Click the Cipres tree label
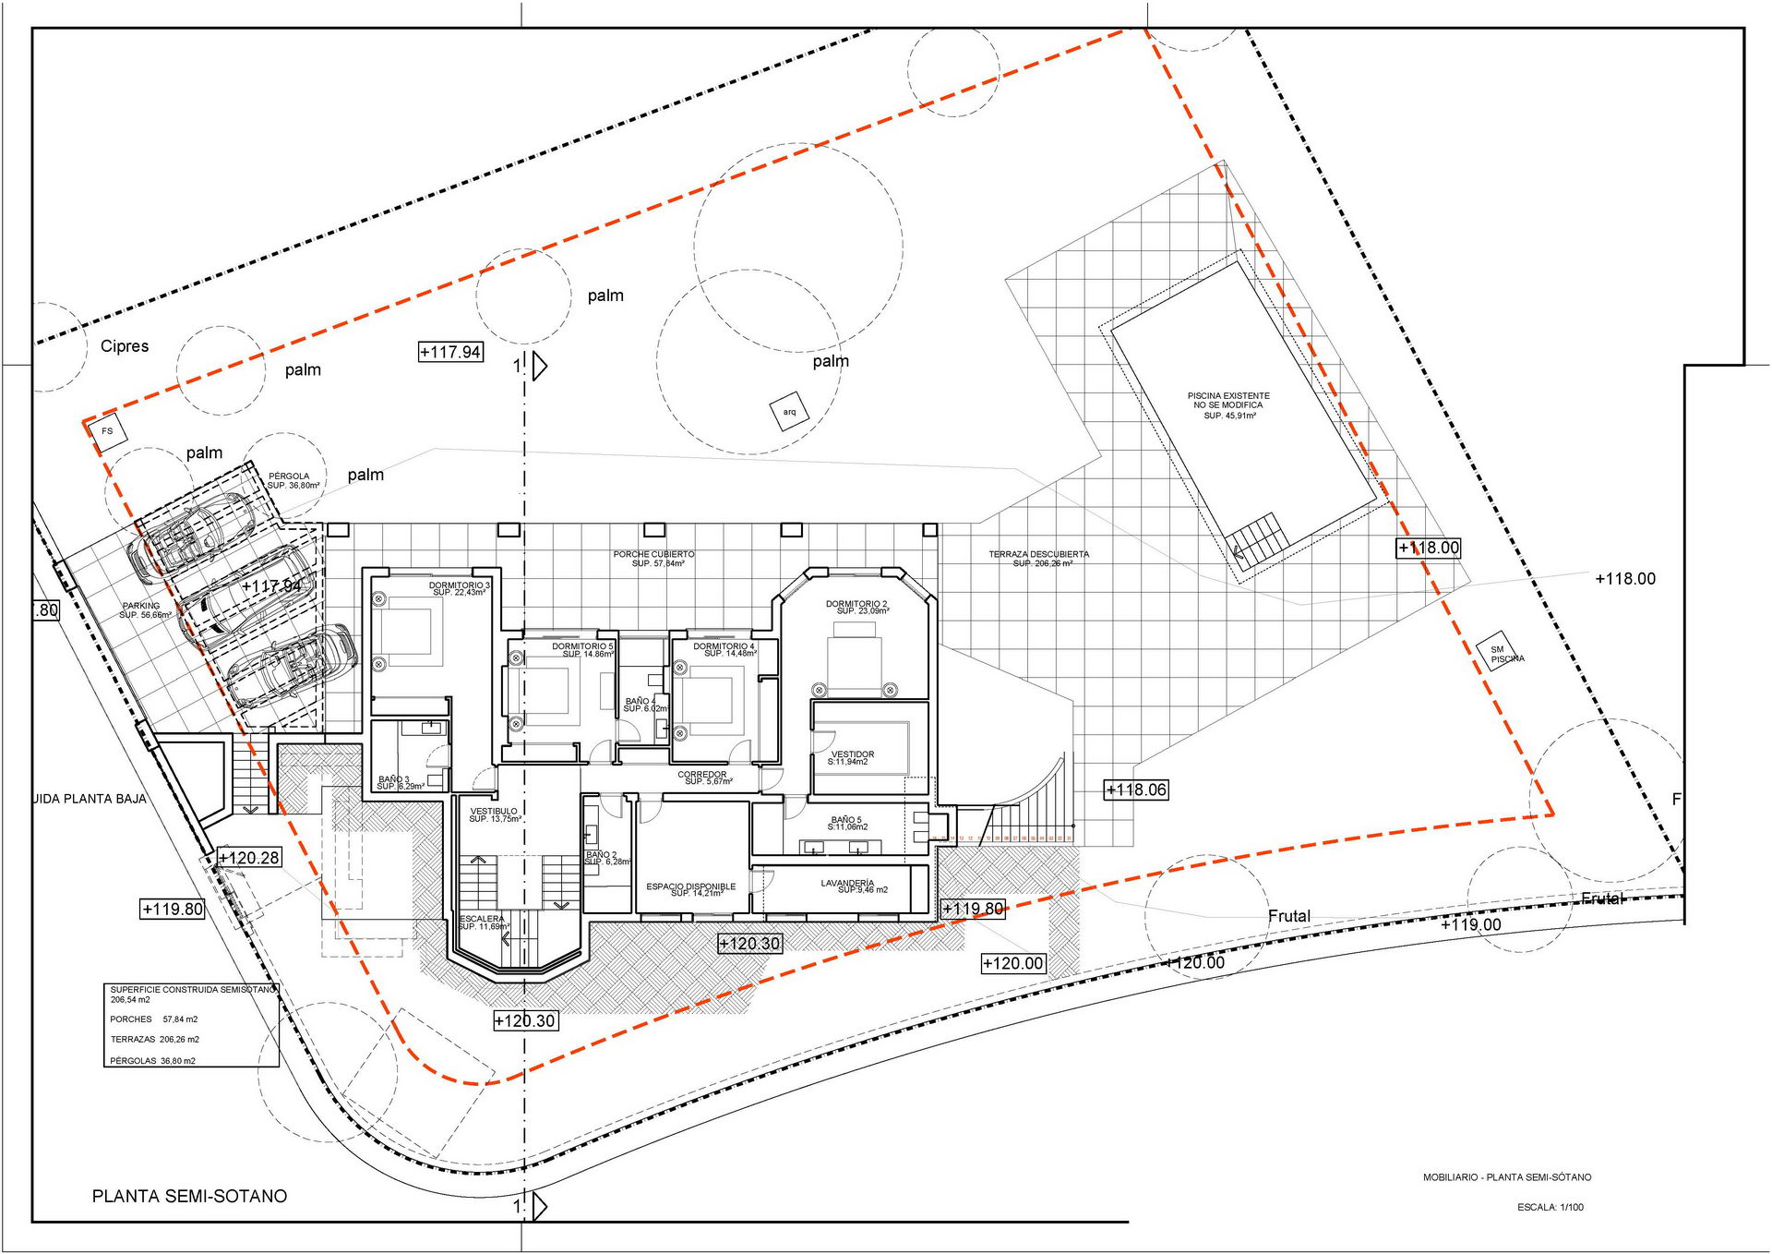(x=125, y=346)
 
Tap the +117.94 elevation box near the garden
(x=450, y=352)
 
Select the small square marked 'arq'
(x=789, y=412)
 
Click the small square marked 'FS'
(x=108, y=431)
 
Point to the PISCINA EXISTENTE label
(x=1228, y=404)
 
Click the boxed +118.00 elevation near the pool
(x=1428, y=548)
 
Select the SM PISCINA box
(x=1501, y=653)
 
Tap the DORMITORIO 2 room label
(x=856, y=607)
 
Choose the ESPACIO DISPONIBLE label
(x=691, y=889)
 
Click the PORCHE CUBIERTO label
(x=653, y=558)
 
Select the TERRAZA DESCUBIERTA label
(x=1039, y=558)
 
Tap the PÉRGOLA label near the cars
(x=291, y=480)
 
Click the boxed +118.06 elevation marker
(x=1136, y=790)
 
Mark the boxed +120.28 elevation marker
(x=248, y=858)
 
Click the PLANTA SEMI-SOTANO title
(x=189, y=1196)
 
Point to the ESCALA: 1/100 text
(x=1550, y=1207)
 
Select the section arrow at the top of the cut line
(x=539, y=367)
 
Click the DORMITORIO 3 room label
(x=459, y=588)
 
